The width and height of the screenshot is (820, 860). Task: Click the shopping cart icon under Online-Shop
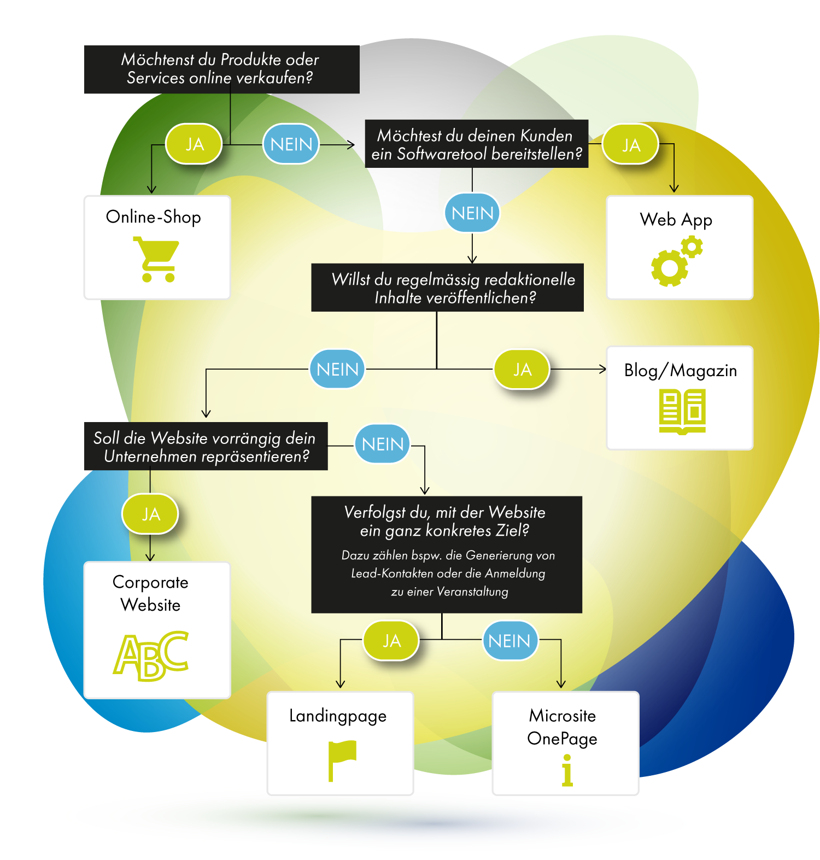[x=157, y=260]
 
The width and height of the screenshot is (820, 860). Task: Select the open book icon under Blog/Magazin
[x=682, y=411]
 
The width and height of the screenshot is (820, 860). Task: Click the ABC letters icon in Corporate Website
[x=151, y=656]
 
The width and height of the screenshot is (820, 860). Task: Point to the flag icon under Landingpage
[x=342, y=760]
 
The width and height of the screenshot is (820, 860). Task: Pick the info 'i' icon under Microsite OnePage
[x=567, y=770]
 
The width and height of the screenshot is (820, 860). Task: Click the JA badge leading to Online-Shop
[x=194, y=144]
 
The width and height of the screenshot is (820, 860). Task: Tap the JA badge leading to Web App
[x=630, y=145]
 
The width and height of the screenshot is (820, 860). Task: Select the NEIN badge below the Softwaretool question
[x=472, y=213]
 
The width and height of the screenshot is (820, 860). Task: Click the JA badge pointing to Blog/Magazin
[x=522, y=370]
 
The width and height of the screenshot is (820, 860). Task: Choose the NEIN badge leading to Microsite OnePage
[x=509, y=641]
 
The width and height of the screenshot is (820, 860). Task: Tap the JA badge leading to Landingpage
[x=391, y=641]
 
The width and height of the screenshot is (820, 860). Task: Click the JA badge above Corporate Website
[x=150, y=514]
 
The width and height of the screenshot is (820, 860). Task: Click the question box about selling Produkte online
[x=221, y=69]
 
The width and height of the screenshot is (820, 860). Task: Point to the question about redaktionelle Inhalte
[x=447, y=288]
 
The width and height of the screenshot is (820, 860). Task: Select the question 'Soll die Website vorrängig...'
[x=206, y=446]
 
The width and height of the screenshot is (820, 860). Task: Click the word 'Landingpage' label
[x=338, y=716]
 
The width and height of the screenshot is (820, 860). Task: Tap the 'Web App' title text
[x=676, y=220]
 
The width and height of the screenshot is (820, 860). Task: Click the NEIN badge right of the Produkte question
[x=291, y=144]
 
